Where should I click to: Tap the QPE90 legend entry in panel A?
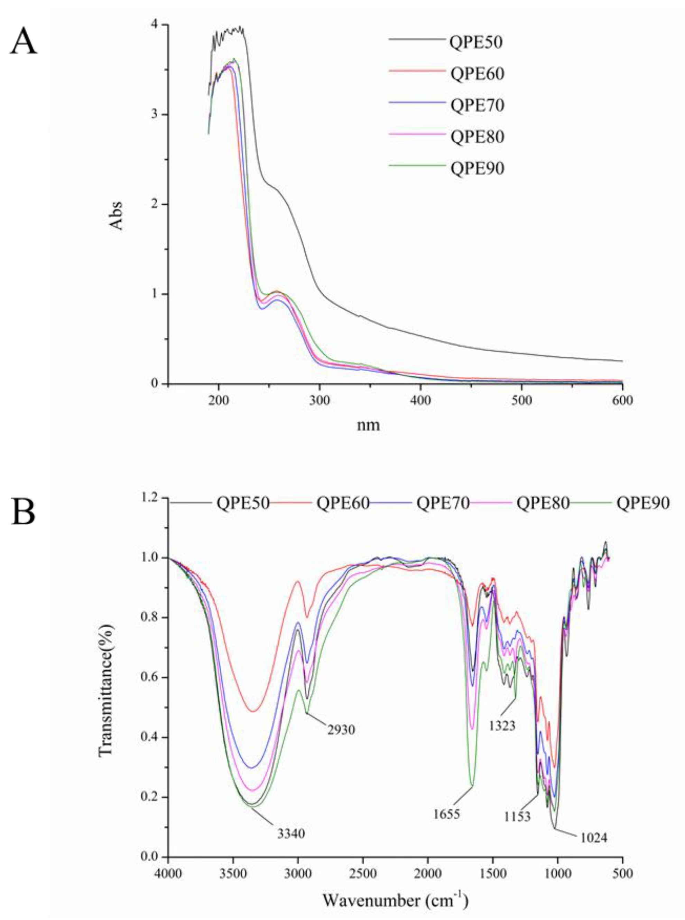(477, 168)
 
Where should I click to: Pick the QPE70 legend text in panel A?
(477, 105)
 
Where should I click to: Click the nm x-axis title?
(368, 425)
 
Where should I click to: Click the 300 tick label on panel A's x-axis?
(319, 401)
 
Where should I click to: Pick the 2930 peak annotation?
(341, 729)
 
